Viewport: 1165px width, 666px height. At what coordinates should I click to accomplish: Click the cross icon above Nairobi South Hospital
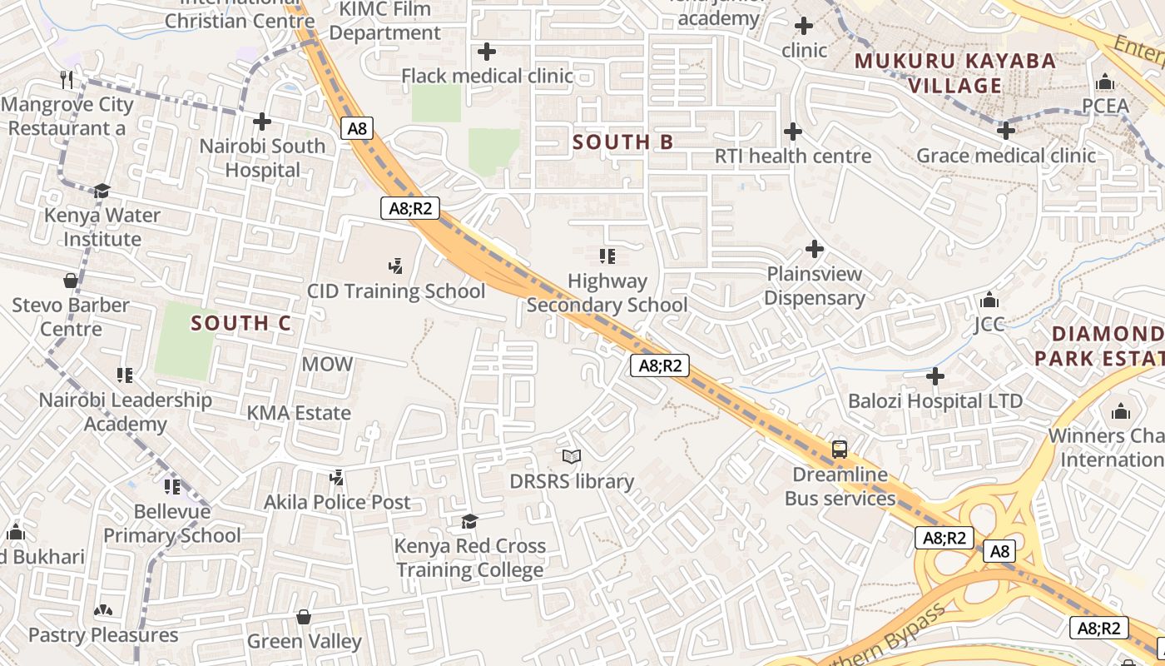(262, 122)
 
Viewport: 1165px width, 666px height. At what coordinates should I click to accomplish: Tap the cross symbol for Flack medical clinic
(487, 52)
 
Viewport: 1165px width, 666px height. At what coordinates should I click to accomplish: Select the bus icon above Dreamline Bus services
(840, 450)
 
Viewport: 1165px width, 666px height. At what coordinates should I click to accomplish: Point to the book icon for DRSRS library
(572, 456)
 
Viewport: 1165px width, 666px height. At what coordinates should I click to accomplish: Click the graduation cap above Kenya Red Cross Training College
(470, 522)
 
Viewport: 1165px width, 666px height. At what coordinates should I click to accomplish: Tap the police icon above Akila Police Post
(337, 478)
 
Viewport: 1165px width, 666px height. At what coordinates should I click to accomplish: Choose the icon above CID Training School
(396, 266)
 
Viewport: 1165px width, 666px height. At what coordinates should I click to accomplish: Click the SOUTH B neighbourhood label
(623, 142)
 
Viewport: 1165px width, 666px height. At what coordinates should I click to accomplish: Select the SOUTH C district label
(241, 323)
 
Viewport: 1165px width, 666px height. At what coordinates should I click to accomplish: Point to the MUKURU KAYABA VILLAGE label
(955, 73)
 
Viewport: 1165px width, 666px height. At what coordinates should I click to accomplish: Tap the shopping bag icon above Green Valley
(304, 617)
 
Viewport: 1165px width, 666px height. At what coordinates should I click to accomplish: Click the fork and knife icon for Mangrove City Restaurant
(67, 80)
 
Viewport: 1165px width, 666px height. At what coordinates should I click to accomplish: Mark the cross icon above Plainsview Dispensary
(815, 249)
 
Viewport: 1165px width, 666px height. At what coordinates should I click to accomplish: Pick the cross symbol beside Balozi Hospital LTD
(935, 377)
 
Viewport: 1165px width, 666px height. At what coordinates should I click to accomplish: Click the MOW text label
(327, 364)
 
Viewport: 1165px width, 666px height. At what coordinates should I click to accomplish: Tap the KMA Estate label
(299, 412)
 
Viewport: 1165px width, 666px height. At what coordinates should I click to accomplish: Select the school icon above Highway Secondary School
(607, 256)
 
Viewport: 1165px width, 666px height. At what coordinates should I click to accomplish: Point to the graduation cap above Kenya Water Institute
(102, 191)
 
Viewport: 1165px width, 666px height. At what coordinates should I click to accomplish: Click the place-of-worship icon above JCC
(989, 300)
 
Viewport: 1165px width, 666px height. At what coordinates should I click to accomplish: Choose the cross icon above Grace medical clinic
(1006, 131)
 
